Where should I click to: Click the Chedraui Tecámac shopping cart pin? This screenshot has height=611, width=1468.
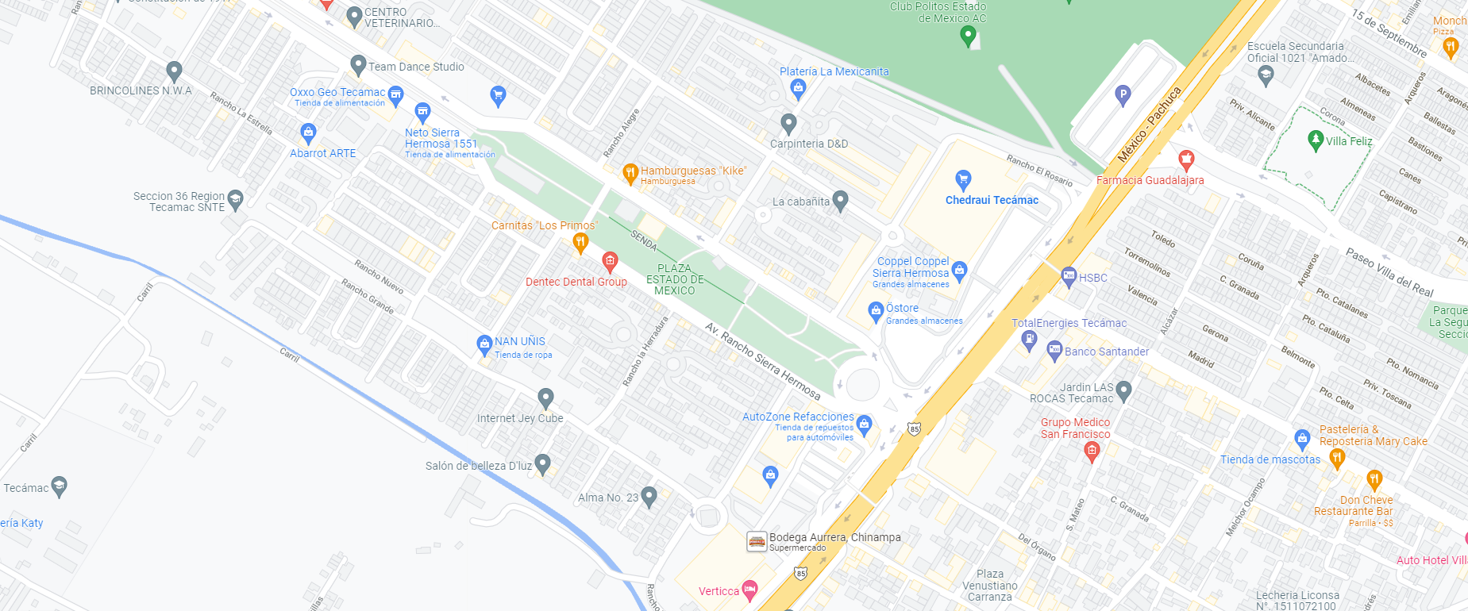coord(963,179)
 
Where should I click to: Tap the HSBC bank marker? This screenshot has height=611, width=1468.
coord(1069,277)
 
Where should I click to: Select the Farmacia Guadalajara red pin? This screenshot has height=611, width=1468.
coord(1186,160)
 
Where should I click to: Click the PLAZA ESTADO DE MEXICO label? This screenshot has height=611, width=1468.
coord(675,279)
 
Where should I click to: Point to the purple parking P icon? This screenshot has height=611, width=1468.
coord(1123,95)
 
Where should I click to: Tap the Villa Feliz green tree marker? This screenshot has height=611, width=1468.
coord(1316,140)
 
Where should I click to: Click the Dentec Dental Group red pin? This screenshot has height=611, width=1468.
coord(610,261)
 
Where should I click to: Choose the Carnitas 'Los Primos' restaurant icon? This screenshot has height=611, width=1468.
coord(580,243)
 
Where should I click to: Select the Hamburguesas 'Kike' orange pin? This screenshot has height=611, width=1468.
coord(630,172)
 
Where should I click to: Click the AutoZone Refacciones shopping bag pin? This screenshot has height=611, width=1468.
coord(865,424)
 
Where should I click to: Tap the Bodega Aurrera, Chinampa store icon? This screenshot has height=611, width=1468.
coord(757,541)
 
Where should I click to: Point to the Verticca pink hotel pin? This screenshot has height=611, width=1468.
coord(749,590)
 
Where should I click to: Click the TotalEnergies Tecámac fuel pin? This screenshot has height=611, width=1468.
coord(1029,340)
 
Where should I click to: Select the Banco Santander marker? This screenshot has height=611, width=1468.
coord(1054,350)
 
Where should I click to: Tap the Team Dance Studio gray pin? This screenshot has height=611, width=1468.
coord(358,65)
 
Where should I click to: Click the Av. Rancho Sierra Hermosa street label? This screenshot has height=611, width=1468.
coord(762,361)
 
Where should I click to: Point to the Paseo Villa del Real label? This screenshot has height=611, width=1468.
coord(1389,272)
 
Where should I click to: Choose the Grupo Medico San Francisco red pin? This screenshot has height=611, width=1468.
coord(1092,452)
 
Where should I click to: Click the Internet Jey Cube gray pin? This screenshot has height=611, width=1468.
coord(545,398)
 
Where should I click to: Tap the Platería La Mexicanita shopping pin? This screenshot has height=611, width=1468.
coord(798,89)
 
